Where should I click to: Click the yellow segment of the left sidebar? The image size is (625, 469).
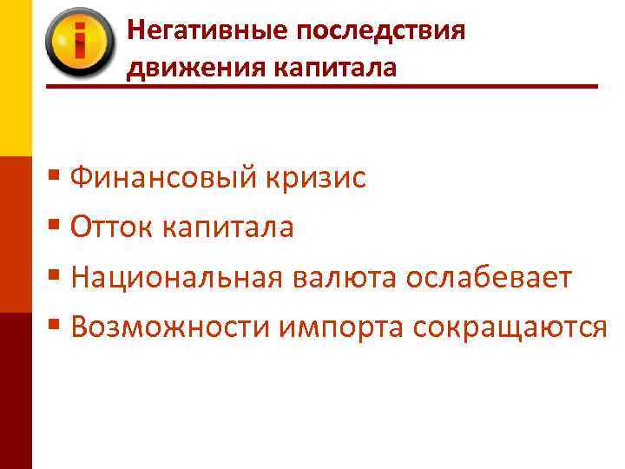(16, 78)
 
